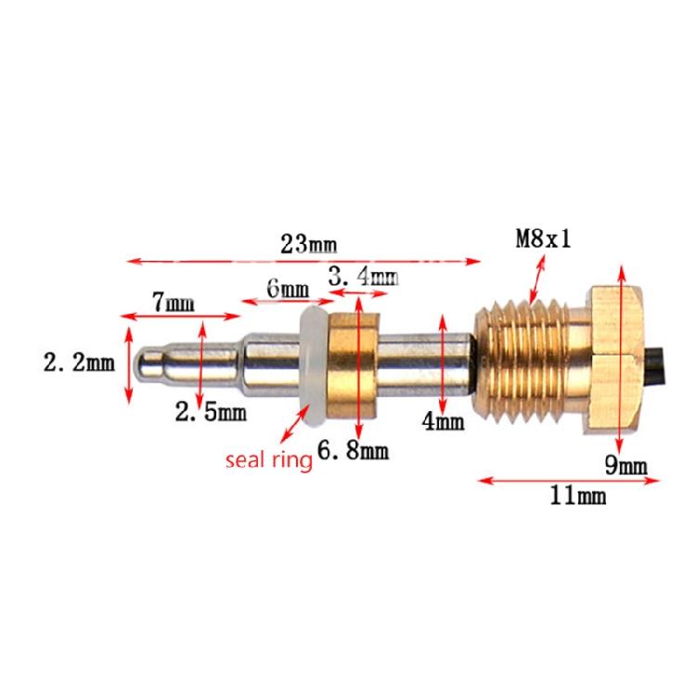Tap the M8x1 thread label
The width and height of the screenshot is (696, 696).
click(x=543, y=239)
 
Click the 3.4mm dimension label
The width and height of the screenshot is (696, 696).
click(x=362, y=276)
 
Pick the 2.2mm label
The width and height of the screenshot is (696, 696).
click(x=78, y=362)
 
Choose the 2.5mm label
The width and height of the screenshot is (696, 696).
click(x=212, y=412)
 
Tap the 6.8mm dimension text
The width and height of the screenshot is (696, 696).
click(x=352, y=452)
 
